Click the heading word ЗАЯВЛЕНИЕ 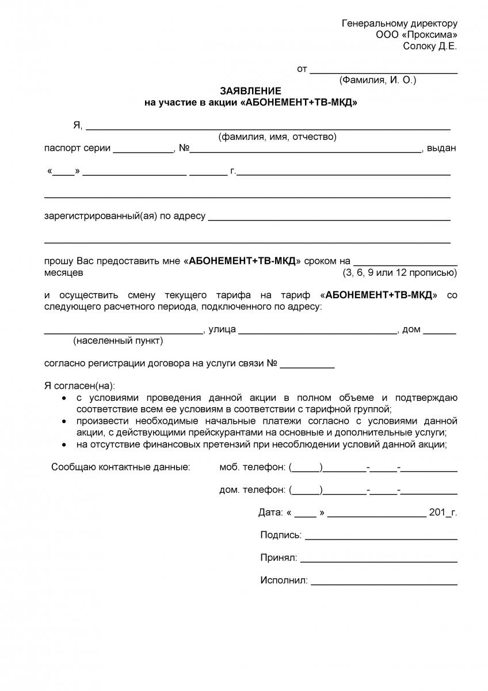tap(250, 91)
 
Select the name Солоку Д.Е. tap(430, 47)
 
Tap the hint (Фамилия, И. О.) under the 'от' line tap(378, 80)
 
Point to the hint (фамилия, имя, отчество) tap(277, 136)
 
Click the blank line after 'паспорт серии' tap(143, 151)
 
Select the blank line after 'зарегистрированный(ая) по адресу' tap(329, 219)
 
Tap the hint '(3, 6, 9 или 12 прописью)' tap(400, 272)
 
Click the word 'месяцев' tap(64, 272)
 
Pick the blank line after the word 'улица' tap(318, 333)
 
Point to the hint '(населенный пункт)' tap(118, 341)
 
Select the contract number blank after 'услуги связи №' tap(307, 367)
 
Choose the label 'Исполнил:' tap(284, 580)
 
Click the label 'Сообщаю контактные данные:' tap(120, 467)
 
